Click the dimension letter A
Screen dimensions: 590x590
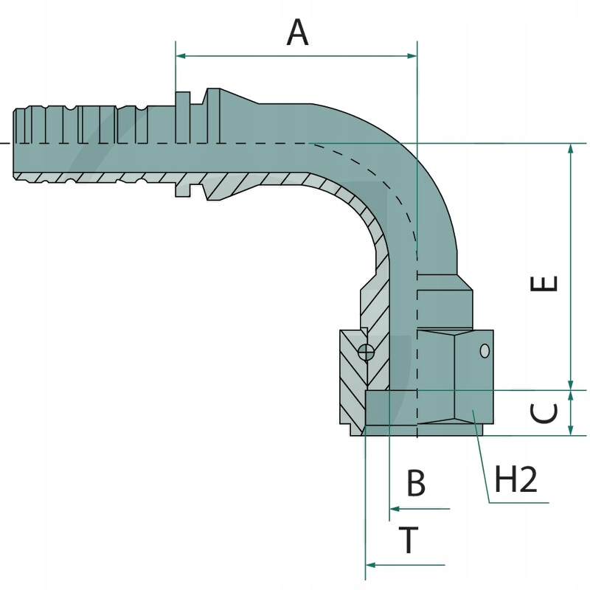tap(297, 33)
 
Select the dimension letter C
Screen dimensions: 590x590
tap(546, 413)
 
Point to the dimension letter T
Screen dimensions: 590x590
tap(410, 541)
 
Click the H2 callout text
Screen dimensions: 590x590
tap(516, 481)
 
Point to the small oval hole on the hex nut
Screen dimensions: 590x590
tap(485, 351)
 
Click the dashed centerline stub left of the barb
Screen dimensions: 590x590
tap(4, 142)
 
